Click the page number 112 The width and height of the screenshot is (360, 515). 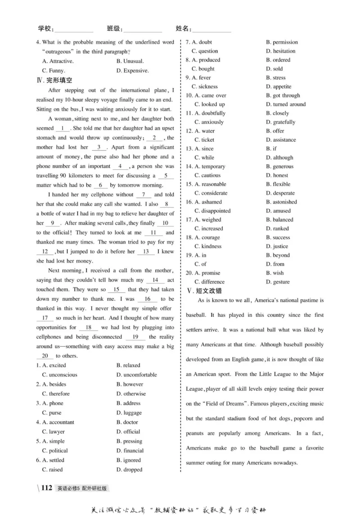[47, 488]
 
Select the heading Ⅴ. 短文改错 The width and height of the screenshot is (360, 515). [204, 291]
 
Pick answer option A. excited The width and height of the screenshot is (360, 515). [54, 366]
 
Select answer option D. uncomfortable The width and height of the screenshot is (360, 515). [136, 375]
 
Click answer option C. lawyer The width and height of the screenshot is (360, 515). [53, 432]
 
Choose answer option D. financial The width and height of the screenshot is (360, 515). [130, 451]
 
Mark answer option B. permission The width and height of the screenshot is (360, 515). [282, 42]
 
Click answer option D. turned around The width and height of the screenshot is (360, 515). [285, 104]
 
